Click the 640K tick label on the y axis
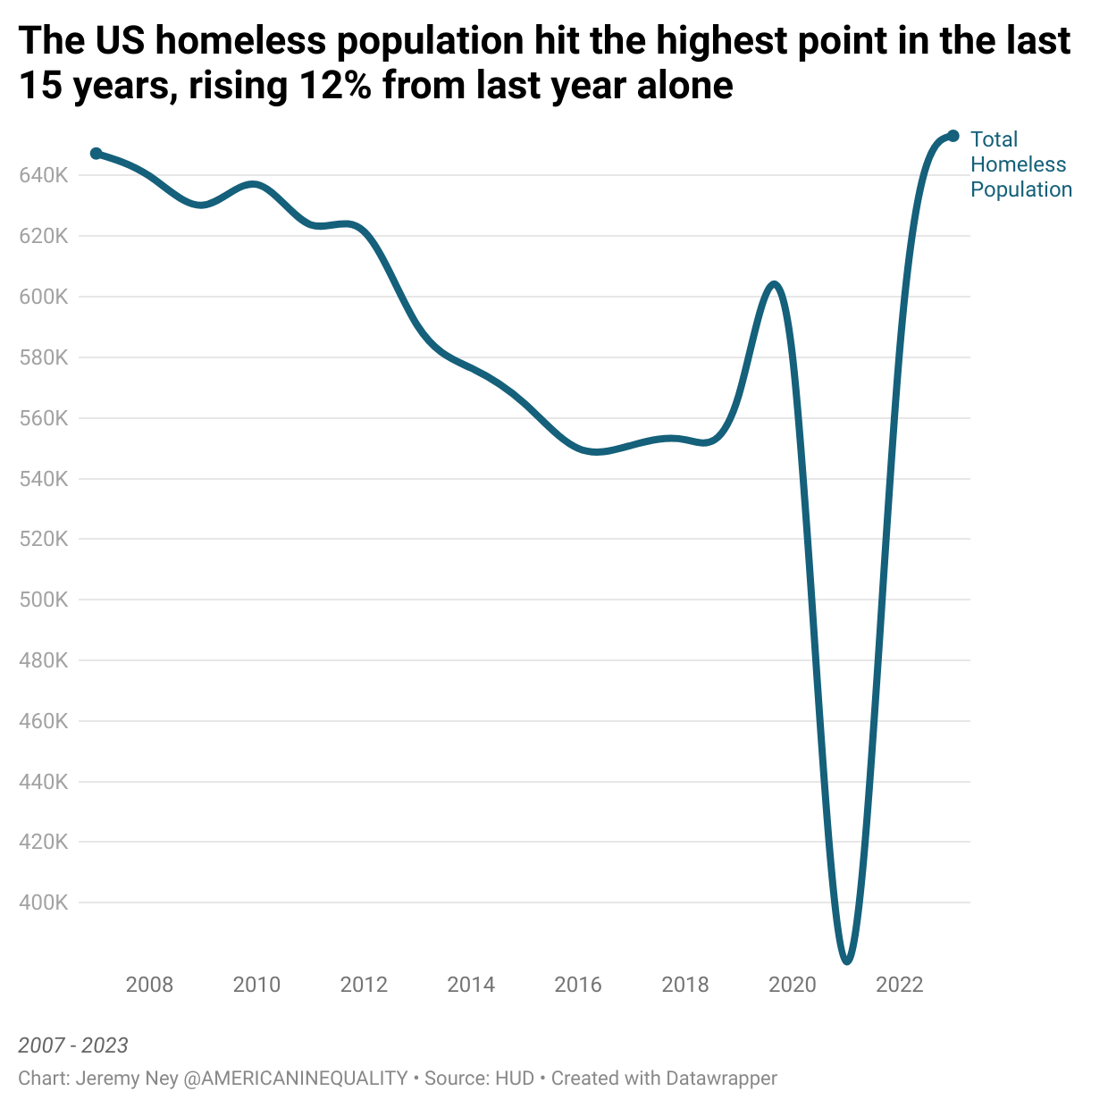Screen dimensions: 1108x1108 coord(43,175)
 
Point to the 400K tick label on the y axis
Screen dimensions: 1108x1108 coord(43,902)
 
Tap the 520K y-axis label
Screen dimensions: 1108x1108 coord(43,539)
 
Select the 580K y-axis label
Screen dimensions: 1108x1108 coord(43,357)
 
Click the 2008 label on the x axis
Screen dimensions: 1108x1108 coord(149,985)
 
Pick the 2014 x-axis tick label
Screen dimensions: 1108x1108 coord(471,985)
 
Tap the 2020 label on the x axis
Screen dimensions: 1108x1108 coord(793,985)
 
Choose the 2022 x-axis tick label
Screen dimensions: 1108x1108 coord(900,985)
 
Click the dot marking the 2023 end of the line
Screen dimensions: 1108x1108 coord(953,136)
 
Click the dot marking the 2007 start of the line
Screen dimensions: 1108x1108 coord(97,154)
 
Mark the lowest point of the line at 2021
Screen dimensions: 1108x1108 coord(847,961)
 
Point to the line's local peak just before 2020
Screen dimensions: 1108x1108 coord(774,285)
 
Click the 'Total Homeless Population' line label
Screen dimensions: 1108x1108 coord(1020,164)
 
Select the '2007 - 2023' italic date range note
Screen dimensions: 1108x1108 coord(73,1045)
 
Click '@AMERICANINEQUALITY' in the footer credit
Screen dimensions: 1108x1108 coord(295,1079)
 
